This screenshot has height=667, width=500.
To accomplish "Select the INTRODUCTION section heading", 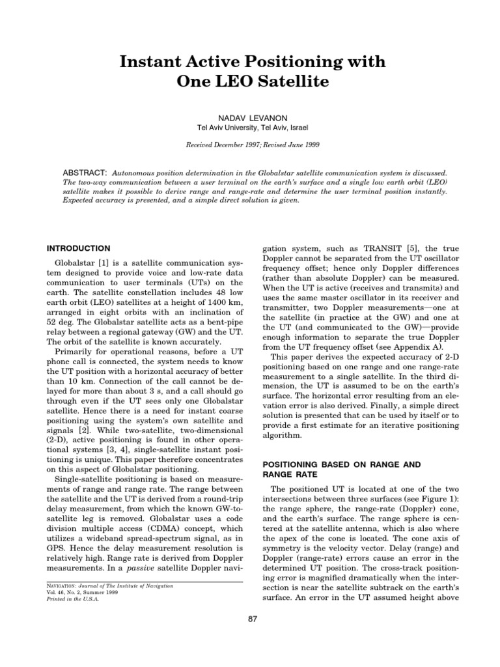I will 78,248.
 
